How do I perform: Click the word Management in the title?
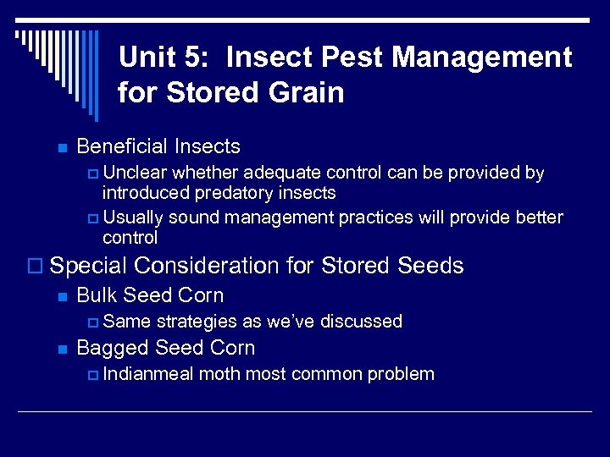point(488,58)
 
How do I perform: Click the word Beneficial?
point(122,146)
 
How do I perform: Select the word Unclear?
point(135,173)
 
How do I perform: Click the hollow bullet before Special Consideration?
point(35,267)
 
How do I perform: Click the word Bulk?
point(97,295)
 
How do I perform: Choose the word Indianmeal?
point(148,374)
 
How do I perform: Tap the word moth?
point(219,374)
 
